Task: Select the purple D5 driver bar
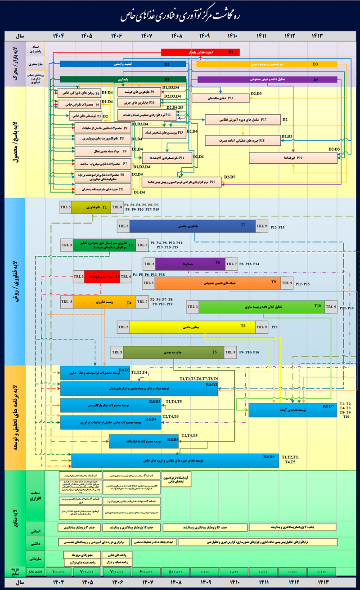(267, 80)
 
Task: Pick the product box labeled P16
(220, 98)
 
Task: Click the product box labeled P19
(292, 158)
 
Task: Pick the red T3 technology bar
(102, 276)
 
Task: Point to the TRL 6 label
(126, 276)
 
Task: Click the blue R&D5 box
(144, 441)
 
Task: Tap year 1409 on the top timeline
(205, 35)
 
